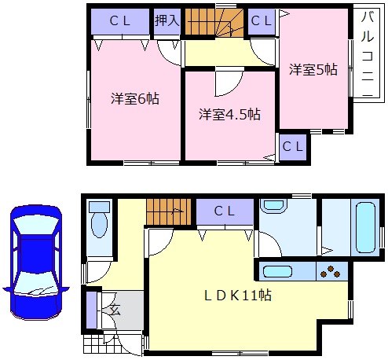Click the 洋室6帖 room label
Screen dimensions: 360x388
pyautogui.click(x=134, y=100)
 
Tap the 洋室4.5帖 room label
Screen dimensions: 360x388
pyautogui.click(x=229, y=114)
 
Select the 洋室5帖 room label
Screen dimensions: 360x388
pyautogui.click(x=313, y=69)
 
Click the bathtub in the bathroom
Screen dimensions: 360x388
pyautogui.click(x=367, y=224)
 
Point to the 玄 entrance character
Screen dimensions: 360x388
pyautogui.click(x=114, y=309)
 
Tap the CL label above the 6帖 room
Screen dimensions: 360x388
pyautogui.click(x=120, y=21)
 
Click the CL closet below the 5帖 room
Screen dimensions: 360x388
pyautogui.click(x=293, y=146)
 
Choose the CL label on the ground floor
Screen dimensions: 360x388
pyautogui.click(x=225, y=211)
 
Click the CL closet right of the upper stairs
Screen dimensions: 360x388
pyautogui.click(x=262, y=21)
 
